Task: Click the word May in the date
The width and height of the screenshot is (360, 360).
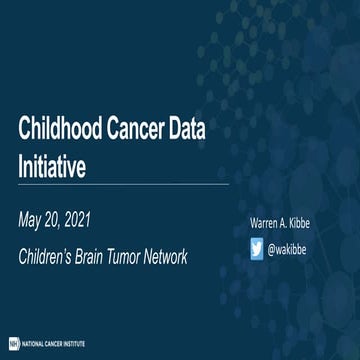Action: pyautogui.click(x=36, y=217)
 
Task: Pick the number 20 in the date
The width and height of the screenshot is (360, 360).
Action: pyautogui.click(x=67, y=217)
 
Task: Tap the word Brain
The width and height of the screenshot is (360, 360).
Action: pyautogui.click(x=109, y=256)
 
